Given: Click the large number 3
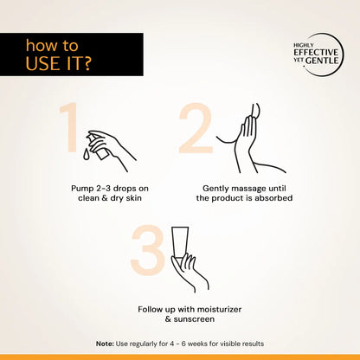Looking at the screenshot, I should (147, 249).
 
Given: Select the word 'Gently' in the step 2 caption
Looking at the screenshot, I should (218, 187).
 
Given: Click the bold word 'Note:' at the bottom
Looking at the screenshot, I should (105, 344).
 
